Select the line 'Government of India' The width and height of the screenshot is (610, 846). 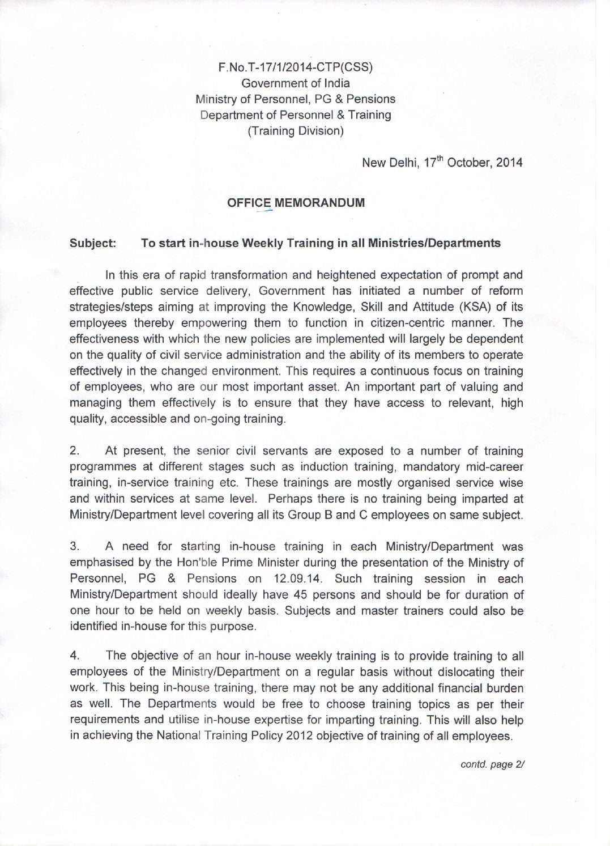click(x=295, y=83)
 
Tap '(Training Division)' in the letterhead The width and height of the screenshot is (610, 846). click(x=295, y=131)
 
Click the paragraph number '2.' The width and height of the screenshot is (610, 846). click(x=74, y=451)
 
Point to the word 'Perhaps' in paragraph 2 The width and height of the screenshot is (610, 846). click(x=287, y=499)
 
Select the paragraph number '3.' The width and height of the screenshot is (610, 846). click(x=74, y=547)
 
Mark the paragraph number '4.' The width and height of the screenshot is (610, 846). click(x=74, y=656)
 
